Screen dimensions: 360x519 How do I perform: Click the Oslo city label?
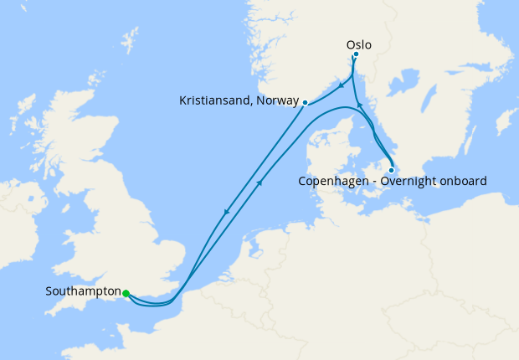[x=357, y=44]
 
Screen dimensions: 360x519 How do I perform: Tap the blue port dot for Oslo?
[x=356, y=55]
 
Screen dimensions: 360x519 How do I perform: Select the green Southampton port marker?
[x=126, y=293]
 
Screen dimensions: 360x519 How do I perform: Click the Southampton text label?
[x=83, y=292]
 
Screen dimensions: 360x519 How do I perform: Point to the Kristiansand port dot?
[x=306, y=102]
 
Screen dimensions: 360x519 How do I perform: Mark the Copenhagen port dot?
[x=391, y=170]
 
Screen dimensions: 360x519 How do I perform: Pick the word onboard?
[x=463, y=181]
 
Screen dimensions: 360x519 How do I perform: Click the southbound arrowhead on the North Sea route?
[x=226, y=213]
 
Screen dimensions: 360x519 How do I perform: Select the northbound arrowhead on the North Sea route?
[x=262, y=182]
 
